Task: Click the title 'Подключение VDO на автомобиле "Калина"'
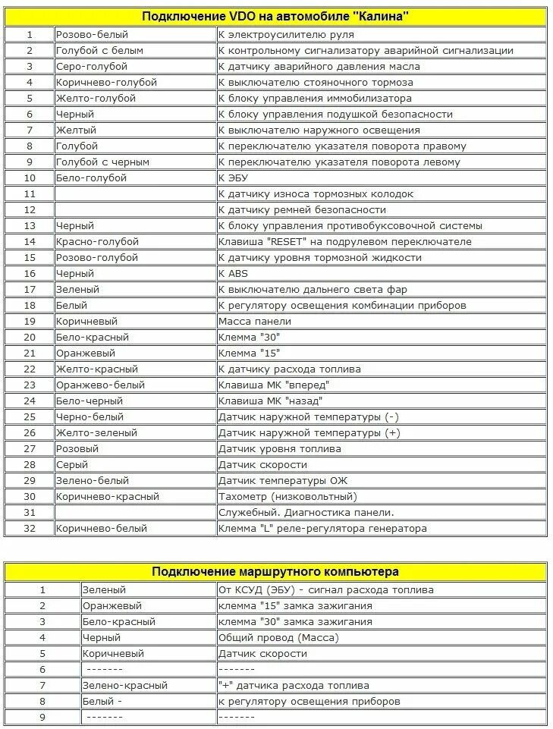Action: click(275, 16)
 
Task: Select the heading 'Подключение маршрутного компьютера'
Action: click(275, 570)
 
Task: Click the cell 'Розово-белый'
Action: click(92, 34)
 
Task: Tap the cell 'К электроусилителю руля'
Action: click(286, 34)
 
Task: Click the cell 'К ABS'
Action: click(233, 273)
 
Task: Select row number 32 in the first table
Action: click(30, 528)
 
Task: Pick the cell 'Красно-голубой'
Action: click(97, 241)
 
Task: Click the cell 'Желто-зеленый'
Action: click(96, 432)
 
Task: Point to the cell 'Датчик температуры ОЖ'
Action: click(283, 480)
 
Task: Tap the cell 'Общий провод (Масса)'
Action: click(278, 637)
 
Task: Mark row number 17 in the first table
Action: click(30, 289)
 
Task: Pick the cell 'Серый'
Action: click(72, 464)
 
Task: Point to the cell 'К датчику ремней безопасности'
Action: click(302, 209)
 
